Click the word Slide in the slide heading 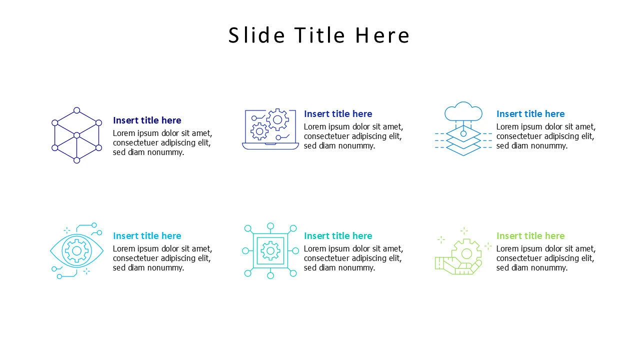tap(256, 35)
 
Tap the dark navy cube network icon tap(76, 135)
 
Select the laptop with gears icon tap(270, 129)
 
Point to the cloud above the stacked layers tap(463, 111)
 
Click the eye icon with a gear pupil tap(76, 250)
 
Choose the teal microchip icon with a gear tap(270, 250)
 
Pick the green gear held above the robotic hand tap(466, 253)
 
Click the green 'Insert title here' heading tap(530, 235)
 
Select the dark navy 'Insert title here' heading tap(147, 120)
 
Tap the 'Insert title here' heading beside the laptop tap(338, 113)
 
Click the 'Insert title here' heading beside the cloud tap(530, 113)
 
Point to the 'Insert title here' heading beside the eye tap(147, 235)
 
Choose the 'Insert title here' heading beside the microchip tap(338, 235)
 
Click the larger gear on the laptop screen tap(277, 119)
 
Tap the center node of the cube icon tap(76, 135)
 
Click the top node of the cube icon tap(76, 110)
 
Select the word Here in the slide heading tap(382, 35)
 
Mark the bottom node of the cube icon tap(76, 160)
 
